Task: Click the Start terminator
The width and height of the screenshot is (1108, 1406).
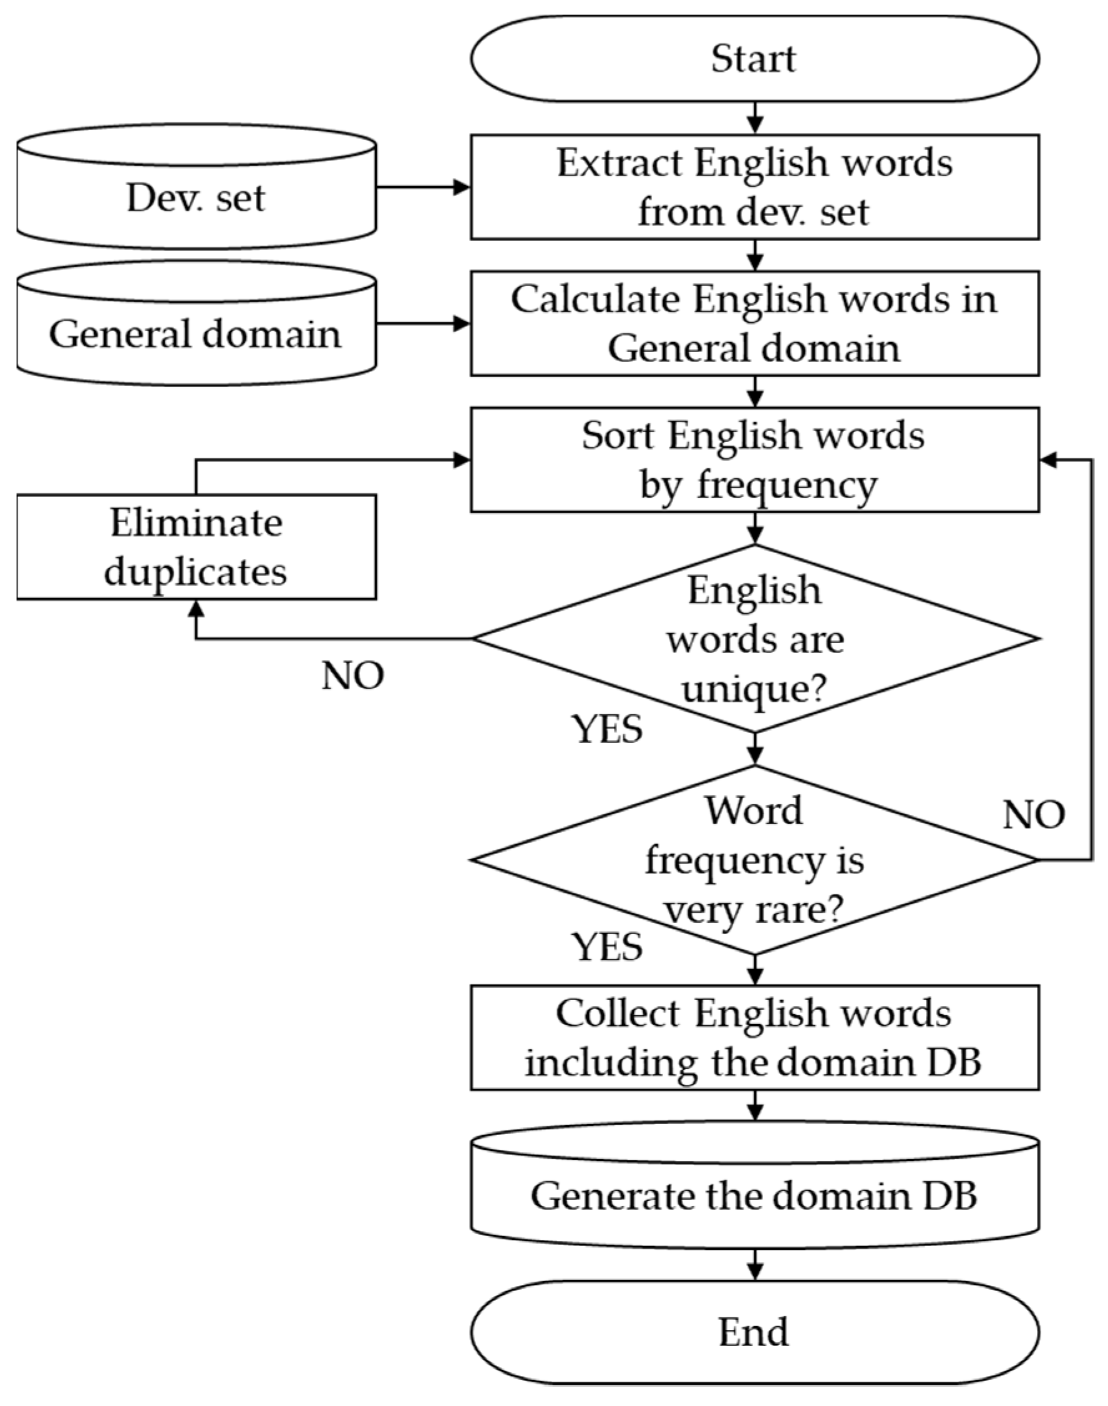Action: [x=754, y=59]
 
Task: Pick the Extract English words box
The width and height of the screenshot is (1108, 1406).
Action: [x=754, y=187]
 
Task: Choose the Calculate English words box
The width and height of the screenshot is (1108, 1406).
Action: [x=754, y=323]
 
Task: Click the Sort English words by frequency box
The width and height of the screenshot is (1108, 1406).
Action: [x=754, y=460]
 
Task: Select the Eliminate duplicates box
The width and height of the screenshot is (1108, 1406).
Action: [x=196, y=546]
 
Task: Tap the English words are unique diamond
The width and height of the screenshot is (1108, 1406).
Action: [x=754, y=639]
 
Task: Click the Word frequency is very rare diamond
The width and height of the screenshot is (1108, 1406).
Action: [x=754, y=860]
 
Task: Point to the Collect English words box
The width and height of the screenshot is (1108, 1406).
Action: [x=754, y=1037]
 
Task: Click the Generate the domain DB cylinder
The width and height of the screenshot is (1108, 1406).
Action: [x=754, y=1194]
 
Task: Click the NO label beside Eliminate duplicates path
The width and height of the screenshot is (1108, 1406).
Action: [x=353, y=676]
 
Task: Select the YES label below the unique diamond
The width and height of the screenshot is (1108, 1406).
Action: [x=607, y=729]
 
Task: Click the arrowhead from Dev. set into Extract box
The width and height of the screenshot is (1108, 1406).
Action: [x=462, y=187]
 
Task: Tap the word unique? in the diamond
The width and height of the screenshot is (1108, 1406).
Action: [x=754, y=688]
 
